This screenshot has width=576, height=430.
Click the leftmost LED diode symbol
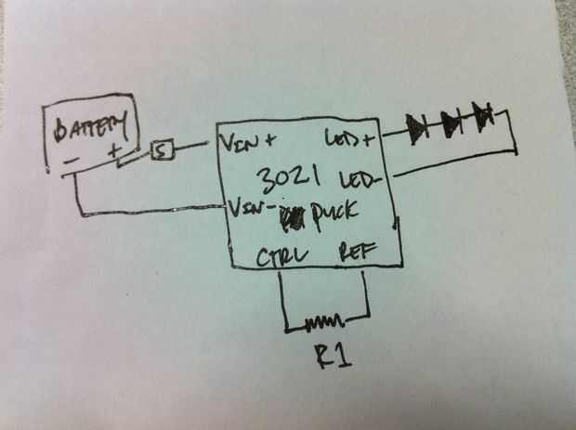(418, 127)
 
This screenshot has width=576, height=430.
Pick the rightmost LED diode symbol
(484, 118)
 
